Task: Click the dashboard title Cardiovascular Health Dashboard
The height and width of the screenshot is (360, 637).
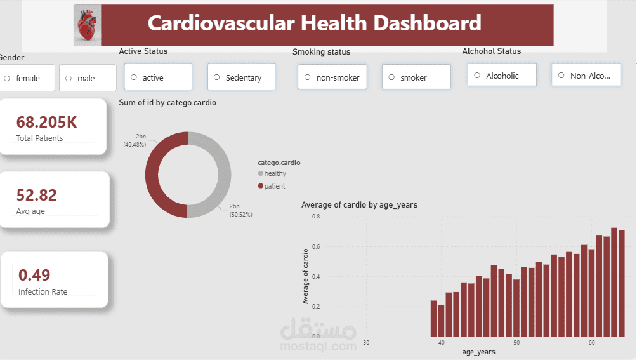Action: coord(314,23)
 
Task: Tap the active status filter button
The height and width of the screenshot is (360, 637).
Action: coord(158,77)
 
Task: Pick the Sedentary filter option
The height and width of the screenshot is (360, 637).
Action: coord(241,77)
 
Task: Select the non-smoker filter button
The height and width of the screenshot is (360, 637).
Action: coord(332,77)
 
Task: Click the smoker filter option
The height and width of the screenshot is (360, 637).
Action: coord(416,77)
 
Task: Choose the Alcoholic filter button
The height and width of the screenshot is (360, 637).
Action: coord(502,76)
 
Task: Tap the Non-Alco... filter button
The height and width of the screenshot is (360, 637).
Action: coord(586,76)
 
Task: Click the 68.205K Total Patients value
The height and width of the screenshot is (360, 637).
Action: coord(47,123)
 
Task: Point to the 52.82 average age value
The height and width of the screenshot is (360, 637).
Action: coord(37,195)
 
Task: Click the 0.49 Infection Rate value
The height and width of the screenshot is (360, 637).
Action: coord(34,275)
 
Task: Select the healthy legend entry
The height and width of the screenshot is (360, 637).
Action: coord(275,173)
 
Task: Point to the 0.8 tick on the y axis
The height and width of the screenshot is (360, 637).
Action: coord(315,217)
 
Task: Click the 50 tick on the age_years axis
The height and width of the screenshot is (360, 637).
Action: coord(516,343)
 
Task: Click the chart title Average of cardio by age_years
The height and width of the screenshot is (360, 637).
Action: coord(359,204)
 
